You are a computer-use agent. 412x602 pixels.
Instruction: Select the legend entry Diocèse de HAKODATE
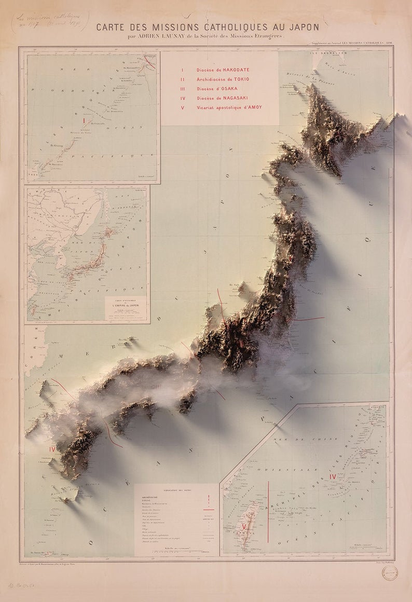(x=223, y=70)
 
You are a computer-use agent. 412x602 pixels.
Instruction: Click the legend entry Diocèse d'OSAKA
(x=219, y=88)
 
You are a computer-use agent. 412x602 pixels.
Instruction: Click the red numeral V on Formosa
(x=244, y=526)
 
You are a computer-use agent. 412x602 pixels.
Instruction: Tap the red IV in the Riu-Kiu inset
(x=333, y=476)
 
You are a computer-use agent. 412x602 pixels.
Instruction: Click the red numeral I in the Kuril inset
(x=84, y=120)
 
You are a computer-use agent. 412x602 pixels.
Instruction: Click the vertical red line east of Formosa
(x=268, y=511)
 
